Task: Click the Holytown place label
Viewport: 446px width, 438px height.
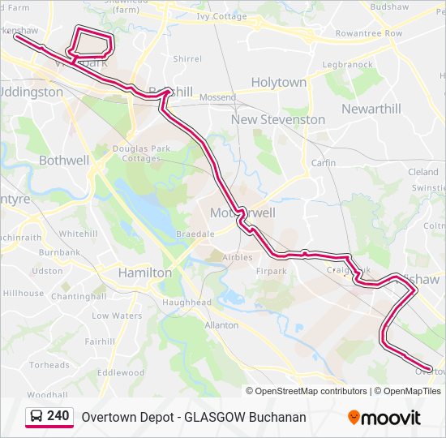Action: point(278,83)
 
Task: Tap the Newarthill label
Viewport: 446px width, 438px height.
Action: point(371,109)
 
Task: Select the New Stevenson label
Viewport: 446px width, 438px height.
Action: point(278,119)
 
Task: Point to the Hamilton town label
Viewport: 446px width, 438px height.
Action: point(145,273)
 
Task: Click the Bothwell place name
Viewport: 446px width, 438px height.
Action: point(64,161)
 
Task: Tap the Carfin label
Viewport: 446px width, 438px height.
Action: point(323,163)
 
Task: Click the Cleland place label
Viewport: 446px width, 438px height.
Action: point(422,172)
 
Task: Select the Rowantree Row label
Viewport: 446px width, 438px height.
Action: point(369,33)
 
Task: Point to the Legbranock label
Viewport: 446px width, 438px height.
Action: point(347,64)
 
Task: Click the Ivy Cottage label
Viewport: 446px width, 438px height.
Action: point(221,16)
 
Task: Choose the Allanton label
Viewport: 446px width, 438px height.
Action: point(221,325)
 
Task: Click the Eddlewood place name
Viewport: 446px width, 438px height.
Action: point(120,373)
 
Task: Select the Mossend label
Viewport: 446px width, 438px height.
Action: point(217,97)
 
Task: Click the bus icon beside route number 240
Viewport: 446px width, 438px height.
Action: point(36,416)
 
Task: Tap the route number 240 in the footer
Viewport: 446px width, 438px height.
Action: point(58,416)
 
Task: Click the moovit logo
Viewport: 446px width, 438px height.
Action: point(384,418)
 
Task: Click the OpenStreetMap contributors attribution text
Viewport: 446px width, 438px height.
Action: point(310,391)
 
